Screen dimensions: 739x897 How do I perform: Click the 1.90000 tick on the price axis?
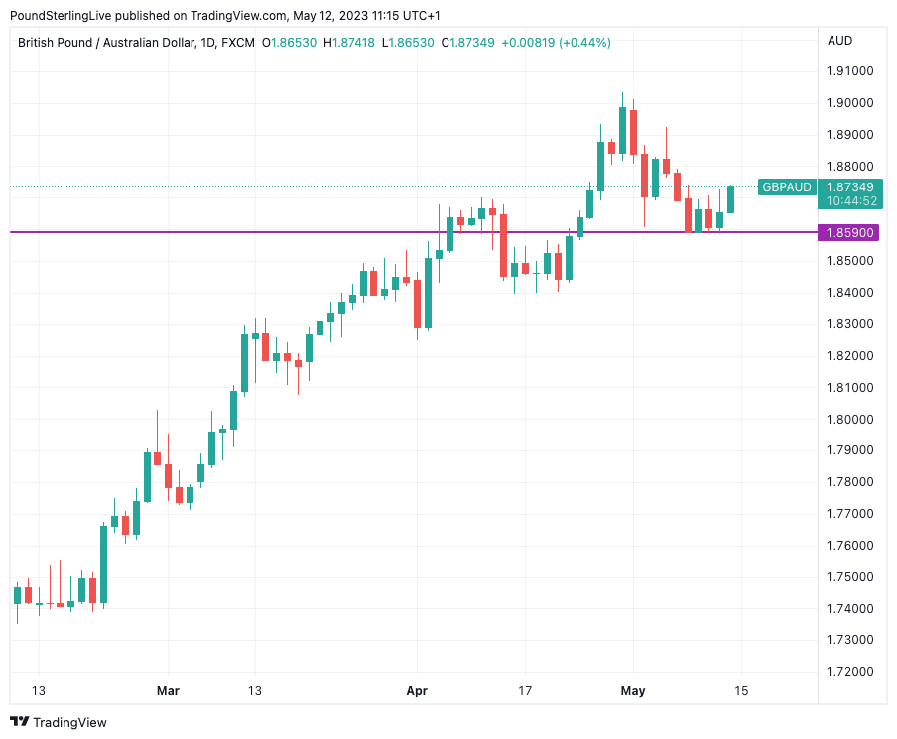[850, 103]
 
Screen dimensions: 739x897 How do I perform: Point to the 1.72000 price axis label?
[850, 672]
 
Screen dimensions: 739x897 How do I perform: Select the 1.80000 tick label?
[850, 419]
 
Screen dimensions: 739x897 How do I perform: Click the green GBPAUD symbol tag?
[787, 186]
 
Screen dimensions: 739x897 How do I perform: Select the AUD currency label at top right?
[839, 41]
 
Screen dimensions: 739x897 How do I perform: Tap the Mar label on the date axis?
[169, 691]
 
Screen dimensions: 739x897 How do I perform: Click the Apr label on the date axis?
[417, 691]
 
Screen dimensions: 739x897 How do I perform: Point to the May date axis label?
[633, 691]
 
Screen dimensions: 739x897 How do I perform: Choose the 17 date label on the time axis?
[525, 691]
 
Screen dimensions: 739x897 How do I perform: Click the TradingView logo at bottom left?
[59, 722]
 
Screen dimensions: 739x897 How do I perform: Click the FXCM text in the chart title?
[238, 42]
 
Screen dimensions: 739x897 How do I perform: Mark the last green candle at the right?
[731, 198]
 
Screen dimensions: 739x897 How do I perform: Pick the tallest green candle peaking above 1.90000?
[622, 129]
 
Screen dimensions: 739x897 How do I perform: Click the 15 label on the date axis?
[740, 691]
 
